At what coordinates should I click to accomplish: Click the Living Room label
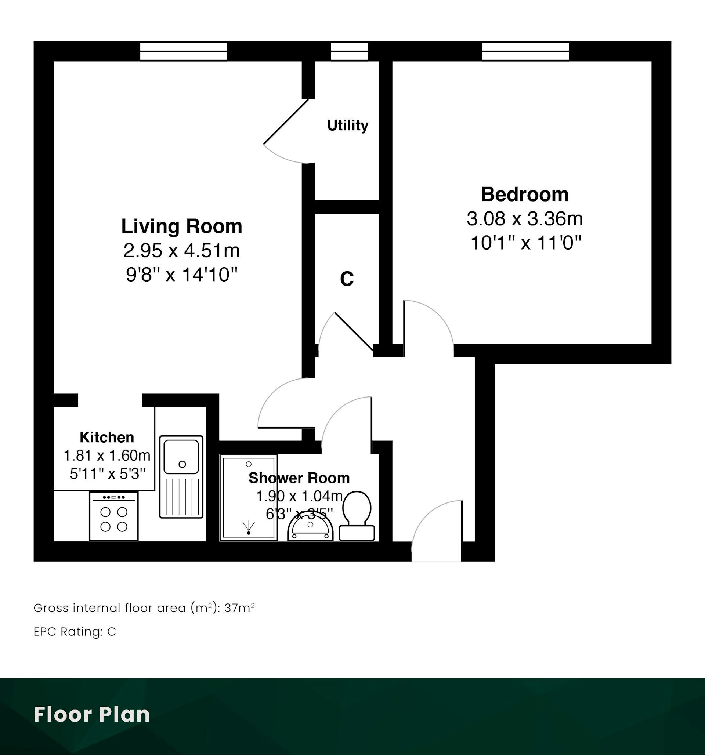pos(181,226)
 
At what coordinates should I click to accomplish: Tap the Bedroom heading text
pos(525,195)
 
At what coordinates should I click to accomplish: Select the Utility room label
pos(348,125)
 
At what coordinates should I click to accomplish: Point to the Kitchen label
pos(107,438)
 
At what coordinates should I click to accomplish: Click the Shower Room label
pos(299,478)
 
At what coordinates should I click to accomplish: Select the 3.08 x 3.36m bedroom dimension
pos(525,219)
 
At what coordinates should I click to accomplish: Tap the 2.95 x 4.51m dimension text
pos(181,251)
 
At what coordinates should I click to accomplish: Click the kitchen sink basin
pos(181,457)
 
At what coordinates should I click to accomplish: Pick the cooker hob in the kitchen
pos(114,516)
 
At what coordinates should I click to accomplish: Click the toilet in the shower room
pos(357,516)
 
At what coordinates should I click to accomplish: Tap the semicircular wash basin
pos(310,528)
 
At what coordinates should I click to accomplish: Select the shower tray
pos(249,497)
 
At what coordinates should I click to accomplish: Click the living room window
pos(184,51)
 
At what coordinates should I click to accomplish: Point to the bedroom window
pos(526,51)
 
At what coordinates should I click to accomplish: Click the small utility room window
pos(350,51)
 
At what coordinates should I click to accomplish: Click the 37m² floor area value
pos(239,608)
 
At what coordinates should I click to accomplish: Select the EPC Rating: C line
pos(75,632)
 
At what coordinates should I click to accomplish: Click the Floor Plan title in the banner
pos(92,714)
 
